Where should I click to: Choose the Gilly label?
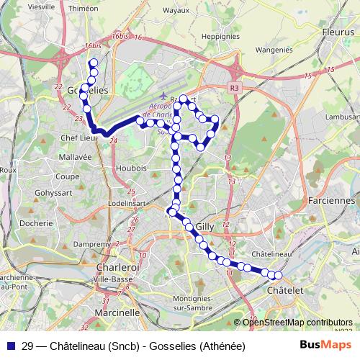pos(205,225)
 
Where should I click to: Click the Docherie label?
pos(37,223)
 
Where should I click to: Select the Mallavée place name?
pos(75,156)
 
